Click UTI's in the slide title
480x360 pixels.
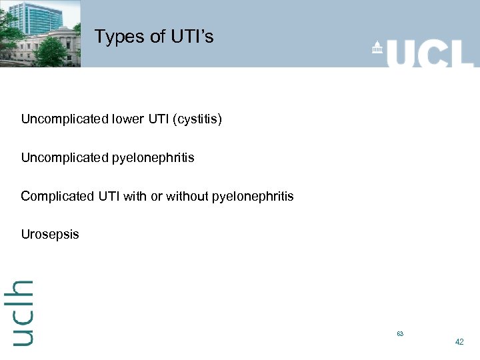coord(191,37)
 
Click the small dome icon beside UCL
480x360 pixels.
coord(378,49)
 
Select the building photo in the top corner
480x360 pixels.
coord(40,33)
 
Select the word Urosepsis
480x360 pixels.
coord(50,234)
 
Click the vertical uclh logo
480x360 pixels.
coord(23,312)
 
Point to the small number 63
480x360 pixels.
coord(400,333)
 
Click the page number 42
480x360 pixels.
coord(459,342)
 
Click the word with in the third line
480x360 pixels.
coord(135,196)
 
